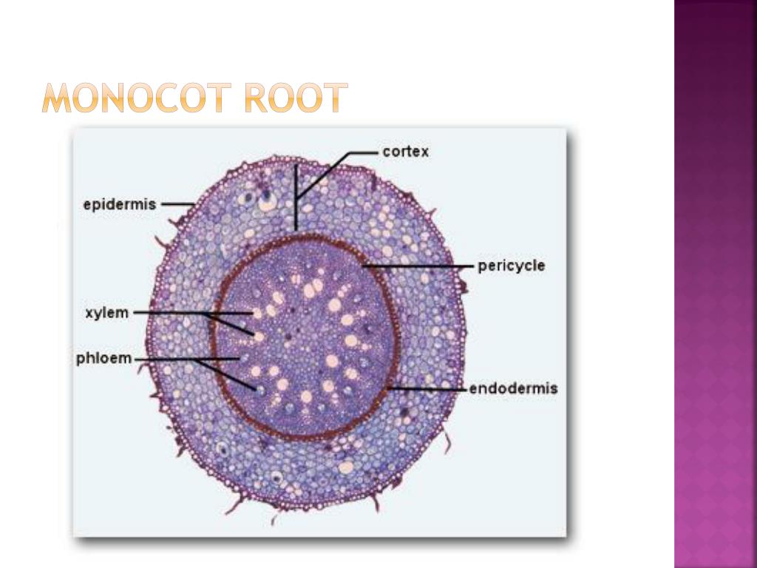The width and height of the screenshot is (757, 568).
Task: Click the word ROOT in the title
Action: pyautogui.click(x=296, y=98)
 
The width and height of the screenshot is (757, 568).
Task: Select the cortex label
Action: pyautogui.click(x=405, y=152)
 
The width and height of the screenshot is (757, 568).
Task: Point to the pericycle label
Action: pyautogui.click(x=511, y=266)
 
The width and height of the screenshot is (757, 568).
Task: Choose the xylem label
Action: pyautogui.click(x=106, y=313)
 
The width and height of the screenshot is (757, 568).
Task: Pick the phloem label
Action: pyautogui.click(x=104, y=359)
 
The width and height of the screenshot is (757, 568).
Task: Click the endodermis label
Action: pyautogui.click(x=513, y=388)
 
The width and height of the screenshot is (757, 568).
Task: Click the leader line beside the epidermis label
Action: pyautogui.click(x=177, y=204)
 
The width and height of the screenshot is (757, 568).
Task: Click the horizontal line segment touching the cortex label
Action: pyautogui.click(x=362, y=152)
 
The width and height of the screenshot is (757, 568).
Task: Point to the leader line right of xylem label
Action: pyautogui.click(x=170, y=313)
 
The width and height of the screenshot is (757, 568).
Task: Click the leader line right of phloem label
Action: pyautogui.click(x=166, y=359)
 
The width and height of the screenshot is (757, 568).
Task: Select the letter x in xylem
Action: pyautogui.click(x=89, y=313)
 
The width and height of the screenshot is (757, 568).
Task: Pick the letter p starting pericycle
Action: pyautogui.click(x=482, y=267)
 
